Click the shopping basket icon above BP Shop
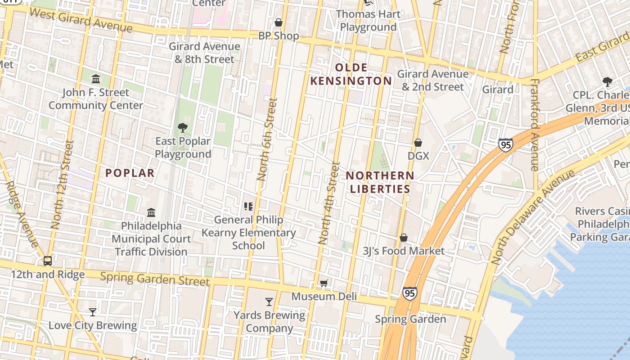[x=279, y=22]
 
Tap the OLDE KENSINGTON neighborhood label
[x=351, y=74]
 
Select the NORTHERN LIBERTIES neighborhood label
[x=380, y=182]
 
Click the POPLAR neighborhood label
[x=130, y=173]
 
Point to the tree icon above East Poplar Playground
[x=183, y=128]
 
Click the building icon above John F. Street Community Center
[x=96, y=79]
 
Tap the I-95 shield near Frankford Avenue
[x=506, y=145]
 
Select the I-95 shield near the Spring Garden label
[x=409, y=293]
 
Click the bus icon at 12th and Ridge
[x=47, y=261]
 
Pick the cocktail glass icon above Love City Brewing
[x=93, y=312]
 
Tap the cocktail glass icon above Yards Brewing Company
[x=269, y=301]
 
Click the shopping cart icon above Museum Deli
[x=324, y=283]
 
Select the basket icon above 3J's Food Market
[x=404, y=237]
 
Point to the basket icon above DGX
[x=418, y=143]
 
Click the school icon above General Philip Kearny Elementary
[x=248, y=207]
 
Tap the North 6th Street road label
[x=266, y=139]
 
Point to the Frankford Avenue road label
[x=535, y=125]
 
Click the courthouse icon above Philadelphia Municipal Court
[x=151, y=212]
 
